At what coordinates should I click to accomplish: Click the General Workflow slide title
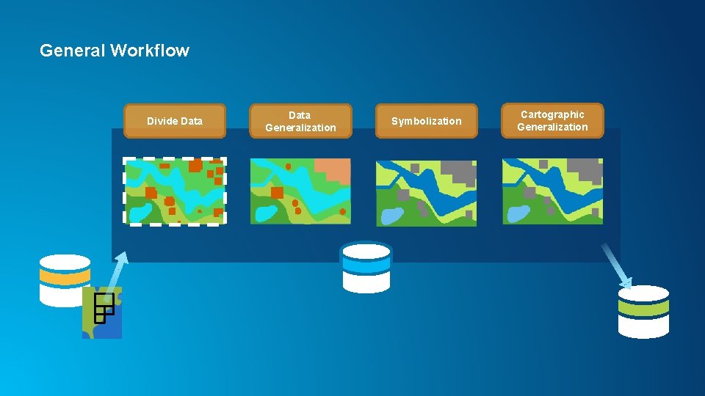point(115,51)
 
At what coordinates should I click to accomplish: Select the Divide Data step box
point(174,121)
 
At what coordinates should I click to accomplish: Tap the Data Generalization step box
point(300,121)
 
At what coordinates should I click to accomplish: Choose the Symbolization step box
point(426,121)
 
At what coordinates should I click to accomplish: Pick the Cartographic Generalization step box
point(552,121)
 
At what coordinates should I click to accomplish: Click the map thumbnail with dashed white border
point(174,191)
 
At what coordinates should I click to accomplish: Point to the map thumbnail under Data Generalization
point(300,191)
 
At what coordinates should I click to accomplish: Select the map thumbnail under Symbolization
point(426,193)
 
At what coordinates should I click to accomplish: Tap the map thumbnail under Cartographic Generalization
point(552,191)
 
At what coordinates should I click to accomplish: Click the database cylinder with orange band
point(65,279)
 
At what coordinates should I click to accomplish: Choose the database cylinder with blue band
point(366,268)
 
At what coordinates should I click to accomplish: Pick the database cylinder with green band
point(643,311)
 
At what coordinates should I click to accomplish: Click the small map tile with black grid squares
point(102,312)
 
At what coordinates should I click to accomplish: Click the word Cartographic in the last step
point(552,114)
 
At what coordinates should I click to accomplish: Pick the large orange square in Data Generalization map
point(277,193)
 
